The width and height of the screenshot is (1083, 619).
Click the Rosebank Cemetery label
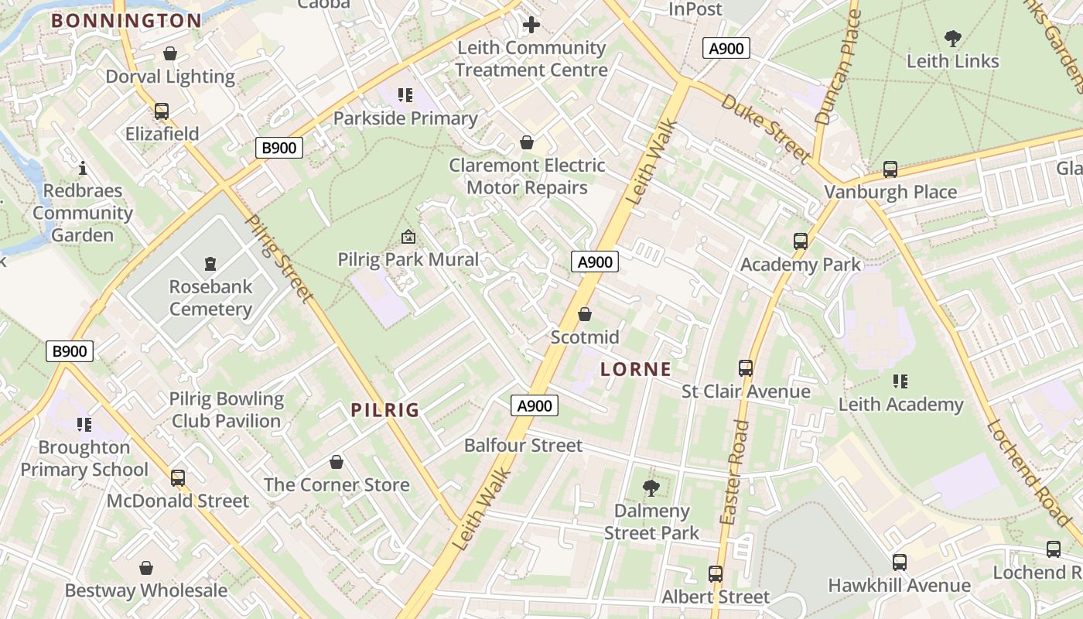210,298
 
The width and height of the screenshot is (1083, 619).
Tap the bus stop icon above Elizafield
162,111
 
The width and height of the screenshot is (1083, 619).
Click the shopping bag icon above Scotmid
585,314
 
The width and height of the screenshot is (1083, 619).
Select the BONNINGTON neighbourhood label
127,21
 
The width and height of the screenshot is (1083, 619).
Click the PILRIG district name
385,410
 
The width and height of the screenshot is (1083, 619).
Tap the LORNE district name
636,369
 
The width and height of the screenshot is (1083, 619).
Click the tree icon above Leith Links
953,38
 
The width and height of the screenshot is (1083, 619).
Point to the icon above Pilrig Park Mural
408,237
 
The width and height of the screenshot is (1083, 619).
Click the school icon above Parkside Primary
405,95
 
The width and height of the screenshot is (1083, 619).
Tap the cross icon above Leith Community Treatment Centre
531,25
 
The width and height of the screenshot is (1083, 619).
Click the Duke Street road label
766,128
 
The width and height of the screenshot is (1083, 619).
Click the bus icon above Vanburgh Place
890,169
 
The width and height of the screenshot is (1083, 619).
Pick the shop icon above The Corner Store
337,462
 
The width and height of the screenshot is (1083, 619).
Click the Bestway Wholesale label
146,590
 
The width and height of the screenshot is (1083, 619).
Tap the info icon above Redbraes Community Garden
83,167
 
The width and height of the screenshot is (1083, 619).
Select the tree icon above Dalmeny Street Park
651,487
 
